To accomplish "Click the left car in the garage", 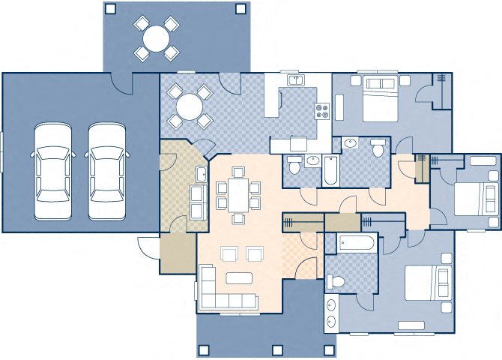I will click(52, 171).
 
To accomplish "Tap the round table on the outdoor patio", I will click(157, 37).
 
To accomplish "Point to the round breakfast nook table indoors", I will click(189, 109).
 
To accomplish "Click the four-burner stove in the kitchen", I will click(322, 112).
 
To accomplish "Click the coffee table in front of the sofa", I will click(240, 278).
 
